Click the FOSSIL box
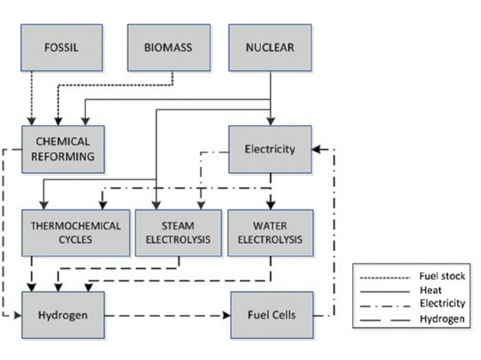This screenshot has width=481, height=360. pos(63,48)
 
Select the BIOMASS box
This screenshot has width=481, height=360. pos(167,48)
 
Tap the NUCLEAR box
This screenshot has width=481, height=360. pos(269,48)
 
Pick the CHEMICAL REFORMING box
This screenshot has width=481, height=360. pos(63,149)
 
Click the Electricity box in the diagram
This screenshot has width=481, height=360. pos(269,149)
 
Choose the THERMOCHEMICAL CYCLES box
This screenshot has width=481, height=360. pos(75,232)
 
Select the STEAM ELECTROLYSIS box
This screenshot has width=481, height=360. pos(178,232)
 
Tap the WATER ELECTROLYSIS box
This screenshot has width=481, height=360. pos(269,232)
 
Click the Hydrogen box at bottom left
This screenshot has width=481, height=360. pos(63,314)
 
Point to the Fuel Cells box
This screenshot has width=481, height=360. pos(269,314)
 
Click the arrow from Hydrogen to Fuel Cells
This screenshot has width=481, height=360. pos(166,314)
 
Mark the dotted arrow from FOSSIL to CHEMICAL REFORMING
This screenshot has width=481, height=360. pos(32,98)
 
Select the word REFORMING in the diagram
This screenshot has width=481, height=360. pos(63,156)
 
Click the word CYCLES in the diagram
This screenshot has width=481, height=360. pos(75,239)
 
